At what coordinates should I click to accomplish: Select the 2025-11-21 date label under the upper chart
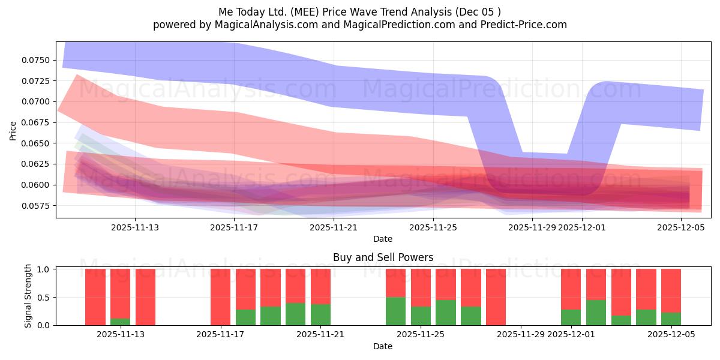tap(334, 227)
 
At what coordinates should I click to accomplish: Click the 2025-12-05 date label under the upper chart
tap(681, 227)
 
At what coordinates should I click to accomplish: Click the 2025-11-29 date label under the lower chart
tap(520, 335)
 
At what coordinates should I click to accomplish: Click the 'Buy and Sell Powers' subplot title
tap(383, 258)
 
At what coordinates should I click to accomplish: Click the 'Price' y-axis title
tap(13, 130)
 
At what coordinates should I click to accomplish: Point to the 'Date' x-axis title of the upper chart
tap(383, 239)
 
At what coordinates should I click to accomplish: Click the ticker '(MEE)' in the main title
tap(314, 11)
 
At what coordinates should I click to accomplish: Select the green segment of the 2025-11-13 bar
tap(120, 322)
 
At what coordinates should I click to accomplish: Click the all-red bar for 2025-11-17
tap(220, 297)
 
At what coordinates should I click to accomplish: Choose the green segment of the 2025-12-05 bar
tap(671, 319)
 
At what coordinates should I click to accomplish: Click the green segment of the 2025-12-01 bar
tap(571, 317)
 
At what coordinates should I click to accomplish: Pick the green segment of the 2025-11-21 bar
tap(320, 315)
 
